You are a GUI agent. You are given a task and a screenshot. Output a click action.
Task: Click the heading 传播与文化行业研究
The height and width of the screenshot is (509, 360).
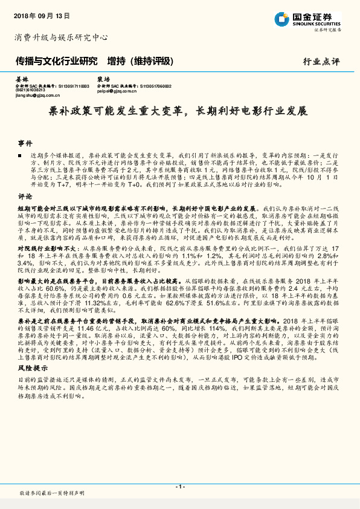tap(56, 62)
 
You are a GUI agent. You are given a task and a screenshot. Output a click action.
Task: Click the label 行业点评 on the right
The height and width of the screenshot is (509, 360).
tap(321, 62)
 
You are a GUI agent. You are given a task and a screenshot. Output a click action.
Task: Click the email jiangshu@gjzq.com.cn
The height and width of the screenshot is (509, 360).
tap(36, 95)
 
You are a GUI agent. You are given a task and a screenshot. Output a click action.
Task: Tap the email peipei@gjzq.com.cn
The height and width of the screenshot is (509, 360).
tap(117, 91)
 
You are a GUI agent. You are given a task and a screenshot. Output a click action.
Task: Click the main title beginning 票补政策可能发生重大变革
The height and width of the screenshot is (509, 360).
tap(179, 112)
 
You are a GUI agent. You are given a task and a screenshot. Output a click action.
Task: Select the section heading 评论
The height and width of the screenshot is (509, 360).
tap(24, 197)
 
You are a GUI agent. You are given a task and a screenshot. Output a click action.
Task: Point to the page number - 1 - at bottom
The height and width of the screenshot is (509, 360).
tap(179, 486)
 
